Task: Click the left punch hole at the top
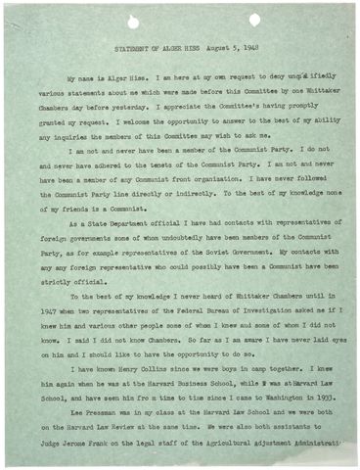point(134,21)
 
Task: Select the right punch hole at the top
point(254,20)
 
